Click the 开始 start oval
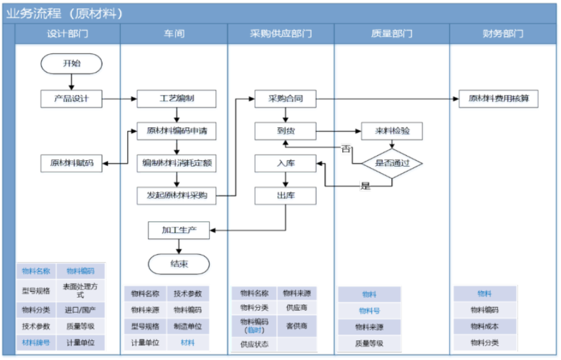coord(71,63)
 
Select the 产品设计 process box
coord(71,99)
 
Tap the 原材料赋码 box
coord(71,163)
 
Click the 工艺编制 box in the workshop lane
coord(177,99)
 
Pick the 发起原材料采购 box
coord(177,195)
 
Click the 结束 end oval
coord(178,263)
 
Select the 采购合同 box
coord(285,99)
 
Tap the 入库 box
coord(285,163)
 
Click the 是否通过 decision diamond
coord(392,163)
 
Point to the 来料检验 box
coord(392,132)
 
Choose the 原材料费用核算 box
coord(498,99)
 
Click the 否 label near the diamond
coord(346,149)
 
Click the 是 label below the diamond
coord(365,186)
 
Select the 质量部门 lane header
coord(392,34)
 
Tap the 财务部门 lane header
coord(503,34)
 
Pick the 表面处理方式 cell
coord(80,291)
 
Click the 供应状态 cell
coord(254,344)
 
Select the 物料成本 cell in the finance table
coord(485,326)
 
